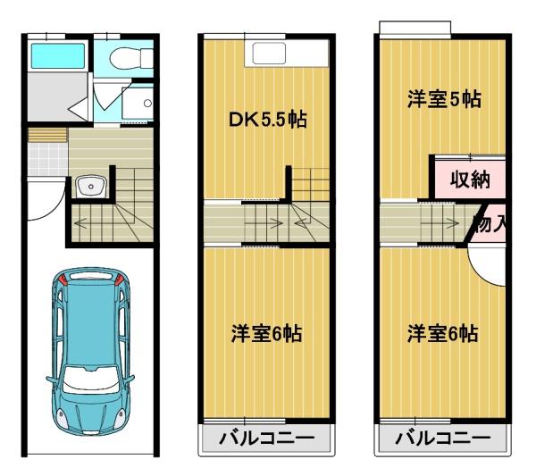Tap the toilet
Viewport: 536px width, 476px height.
[x=126, y=59]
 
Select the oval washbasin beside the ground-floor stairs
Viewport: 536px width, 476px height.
[x=91, y=187]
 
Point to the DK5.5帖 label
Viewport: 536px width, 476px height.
[x=267, y=119]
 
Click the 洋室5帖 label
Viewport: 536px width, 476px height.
[x=443, y=100]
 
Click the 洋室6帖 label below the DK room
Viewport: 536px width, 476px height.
[x=267, y=334]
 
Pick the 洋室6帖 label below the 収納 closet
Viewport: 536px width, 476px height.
[x=442, y=334]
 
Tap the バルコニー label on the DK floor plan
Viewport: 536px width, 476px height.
[x=266, y=438]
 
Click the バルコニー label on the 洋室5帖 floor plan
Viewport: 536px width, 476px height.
[x=442, y=438]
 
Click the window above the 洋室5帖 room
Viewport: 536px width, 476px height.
[x=414, y=28]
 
